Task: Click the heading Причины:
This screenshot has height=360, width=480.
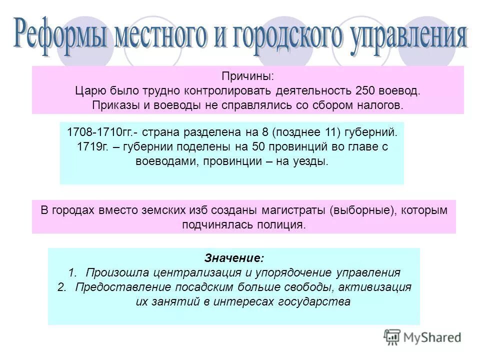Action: [x=248, y=76]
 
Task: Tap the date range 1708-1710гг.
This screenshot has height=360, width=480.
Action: [x=99, y=132]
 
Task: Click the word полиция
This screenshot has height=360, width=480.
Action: [x=280, y=225]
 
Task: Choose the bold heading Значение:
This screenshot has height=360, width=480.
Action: [x=233, y=258]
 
